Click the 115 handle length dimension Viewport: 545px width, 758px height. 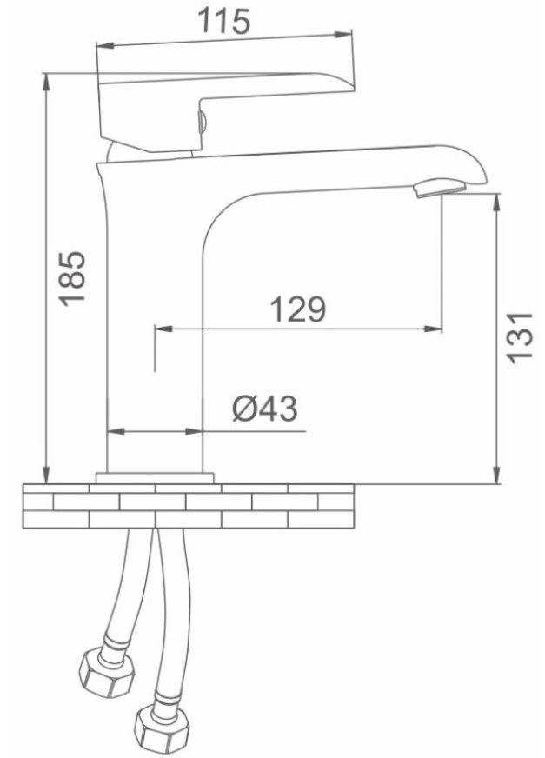click(224, 22)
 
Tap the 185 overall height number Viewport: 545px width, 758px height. click(72, 278)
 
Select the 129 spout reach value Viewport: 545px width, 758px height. click(297, 309)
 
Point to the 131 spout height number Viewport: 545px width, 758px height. click(520, 336)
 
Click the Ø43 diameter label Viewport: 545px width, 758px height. click(265, 409)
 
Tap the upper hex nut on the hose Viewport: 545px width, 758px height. click(106, 669)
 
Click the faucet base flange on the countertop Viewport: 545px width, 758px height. click(155, 477)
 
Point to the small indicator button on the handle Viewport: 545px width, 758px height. click(203, 121)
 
